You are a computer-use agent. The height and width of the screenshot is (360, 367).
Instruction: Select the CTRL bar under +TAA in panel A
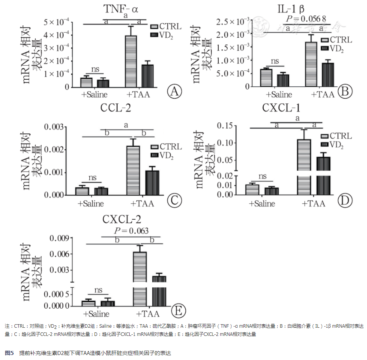coord(131,61)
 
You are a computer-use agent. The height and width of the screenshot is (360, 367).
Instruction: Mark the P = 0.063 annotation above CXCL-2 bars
coord(131,231)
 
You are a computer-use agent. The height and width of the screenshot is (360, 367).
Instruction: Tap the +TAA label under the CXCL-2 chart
coord(148,314)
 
